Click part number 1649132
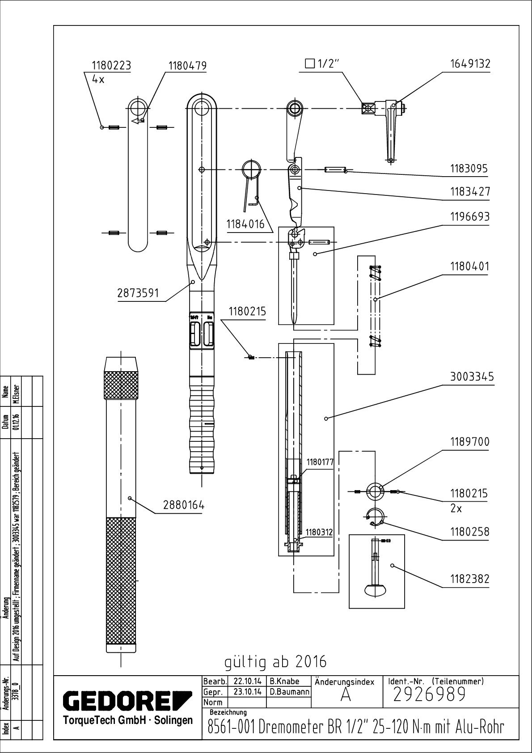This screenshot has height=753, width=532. click(x=469, y=64)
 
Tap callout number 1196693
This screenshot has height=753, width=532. click(x=469, y=217)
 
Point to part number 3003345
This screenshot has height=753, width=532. click(x=472, y=377)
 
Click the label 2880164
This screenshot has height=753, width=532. click(x=184, y=506)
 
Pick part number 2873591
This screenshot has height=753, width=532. click(x=138, y=293)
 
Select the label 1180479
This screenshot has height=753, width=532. click(x=187, y=66)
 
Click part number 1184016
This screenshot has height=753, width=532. click(x=245, y=224)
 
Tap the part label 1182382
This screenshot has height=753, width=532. click(x=469, y=579)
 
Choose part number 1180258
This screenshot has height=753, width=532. click(x=469, y=532)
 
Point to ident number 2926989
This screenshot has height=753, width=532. click(x=430, y=694)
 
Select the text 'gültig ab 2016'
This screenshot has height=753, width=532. click(x=275, y=661)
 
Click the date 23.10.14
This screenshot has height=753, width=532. click(x=248, y=692)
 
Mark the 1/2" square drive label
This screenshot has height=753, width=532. click(x=323, y=63)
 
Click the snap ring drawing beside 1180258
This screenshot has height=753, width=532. click(x=374, y=516)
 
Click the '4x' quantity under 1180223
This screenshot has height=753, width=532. click(x=98, y=79)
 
